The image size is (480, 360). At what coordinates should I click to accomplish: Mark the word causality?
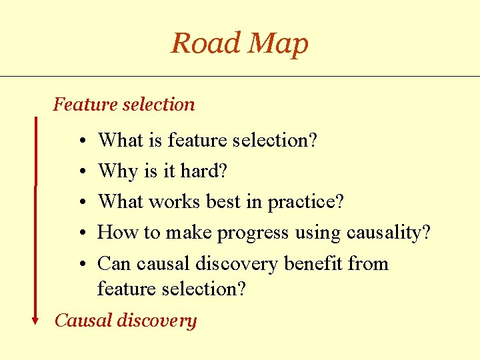pyautogui.click(x=389, y=233)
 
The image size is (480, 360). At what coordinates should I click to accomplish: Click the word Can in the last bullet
pyautogui.click(x=114, y=264)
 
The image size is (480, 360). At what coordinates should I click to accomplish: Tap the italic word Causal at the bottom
pyautogui.click(x=83, y=321)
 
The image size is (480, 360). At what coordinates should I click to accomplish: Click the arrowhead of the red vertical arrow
pyautogui.click(x=36, y=320)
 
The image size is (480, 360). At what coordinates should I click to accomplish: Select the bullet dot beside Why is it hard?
pyautogui.click(x=79, y=172)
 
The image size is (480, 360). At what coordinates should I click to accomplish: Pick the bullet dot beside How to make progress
pyautogui.click(x=79, y=233)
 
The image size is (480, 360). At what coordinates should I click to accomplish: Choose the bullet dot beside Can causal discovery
pyautogui.click(x=79, y=264)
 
